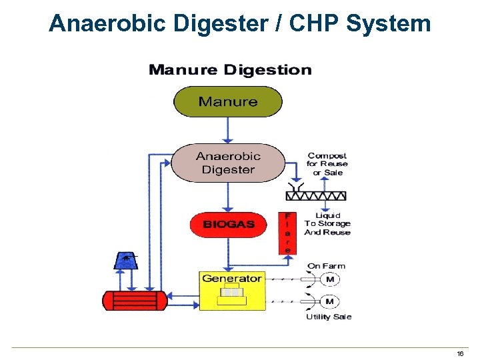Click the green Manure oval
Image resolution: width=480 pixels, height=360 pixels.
(228, 102)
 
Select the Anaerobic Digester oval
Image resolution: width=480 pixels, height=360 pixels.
(228, 163)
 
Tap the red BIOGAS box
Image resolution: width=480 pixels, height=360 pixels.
(229, 225)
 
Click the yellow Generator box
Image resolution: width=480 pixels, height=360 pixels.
(232, 290)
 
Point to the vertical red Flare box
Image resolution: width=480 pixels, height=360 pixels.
(287, 233)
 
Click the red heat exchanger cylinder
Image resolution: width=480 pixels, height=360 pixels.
(133, 300)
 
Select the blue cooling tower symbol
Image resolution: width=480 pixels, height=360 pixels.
(125, 260)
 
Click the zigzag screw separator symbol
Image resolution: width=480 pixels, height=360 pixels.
(316, 195)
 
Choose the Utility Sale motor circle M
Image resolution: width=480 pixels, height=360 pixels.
(329, 301)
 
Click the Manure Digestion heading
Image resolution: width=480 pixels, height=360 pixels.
(230, 70)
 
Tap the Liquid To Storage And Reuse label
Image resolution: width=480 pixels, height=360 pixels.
(327, 224)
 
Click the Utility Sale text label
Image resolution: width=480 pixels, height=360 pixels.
(329, 317)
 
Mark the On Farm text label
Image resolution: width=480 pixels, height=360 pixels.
(326, 266)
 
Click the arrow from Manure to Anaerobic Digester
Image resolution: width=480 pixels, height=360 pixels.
(228, 130)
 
